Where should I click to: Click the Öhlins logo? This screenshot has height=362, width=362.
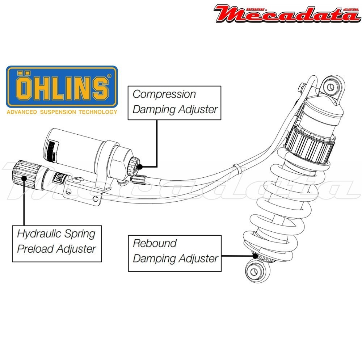click(62, 87)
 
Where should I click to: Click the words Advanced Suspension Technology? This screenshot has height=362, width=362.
click(62, 112)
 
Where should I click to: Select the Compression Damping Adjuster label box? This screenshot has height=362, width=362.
click(174, 102)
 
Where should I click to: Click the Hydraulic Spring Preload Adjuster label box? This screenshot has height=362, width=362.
click(57, 243)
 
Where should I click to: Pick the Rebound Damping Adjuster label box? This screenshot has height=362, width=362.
click(175, 253)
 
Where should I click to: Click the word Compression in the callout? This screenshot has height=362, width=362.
click(164, 94)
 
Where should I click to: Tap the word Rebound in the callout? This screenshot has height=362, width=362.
click(155, 243)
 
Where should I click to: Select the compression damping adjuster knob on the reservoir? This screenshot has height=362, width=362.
click(134, 165)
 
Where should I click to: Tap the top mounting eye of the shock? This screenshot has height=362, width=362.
click(330, 87)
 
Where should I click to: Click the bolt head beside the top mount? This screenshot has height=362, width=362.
click(301, 87)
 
